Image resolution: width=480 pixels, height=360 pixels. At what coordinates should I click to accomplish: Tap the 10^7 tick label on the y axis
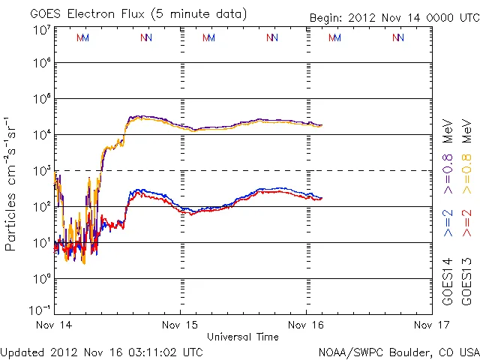(x=41, y=29)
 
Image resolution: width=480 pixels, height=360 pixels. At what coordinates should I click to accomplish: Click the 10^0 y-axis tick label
(x=41, y=278)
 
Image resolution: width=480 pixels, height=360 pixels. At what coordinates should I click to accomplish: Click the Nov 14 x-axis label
(x=54, y=325)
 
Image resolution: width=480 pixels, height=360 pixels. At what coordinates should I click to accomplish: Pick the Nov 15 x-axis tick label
(x=181, y=325)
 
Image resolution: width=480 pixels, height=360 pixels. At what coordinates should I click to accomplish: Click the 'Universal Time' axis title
(x=243, y=337)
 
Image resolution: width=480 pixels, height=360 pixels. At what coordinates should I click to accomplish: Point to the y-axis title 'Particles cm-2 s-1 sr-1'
(x=11, y=183)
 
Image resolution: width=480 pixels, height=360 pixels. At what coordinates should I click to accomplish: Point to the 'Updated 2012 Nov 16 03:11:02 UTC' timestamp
(x=102, y=351)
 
